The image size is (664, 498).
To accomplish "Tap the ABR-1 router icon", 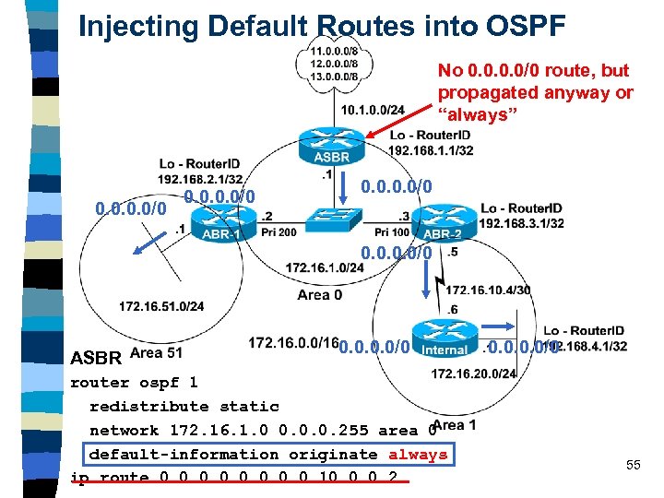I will tap(224, 220).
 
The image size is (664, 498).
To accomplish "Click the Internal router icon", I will tap(444, 337).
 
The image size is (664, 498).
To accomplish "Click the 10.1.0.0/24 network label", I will tap(372, 111).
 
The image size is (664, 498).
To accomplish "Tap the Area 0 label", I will tap(319, 294).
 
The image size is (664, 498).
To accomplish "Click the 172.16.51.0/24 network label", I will tap(161, 306).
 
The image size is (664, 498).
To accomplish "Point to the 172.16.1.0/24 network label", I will tap(325, 267).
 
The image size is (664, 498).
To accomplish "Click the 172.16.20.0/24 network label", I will tap(474, 373).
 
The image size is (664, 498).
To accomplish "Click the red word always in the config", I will tap(417, 454).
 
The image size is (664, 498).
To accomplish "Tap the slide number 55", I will tap(633, 465).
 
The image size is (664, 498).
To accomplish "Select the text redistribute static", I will tap(184, 406).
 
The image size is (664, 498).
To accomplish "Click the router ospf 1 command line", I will tap(134, 382).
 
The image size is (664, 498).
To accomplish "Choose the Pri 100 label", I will tap(392, 232).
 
